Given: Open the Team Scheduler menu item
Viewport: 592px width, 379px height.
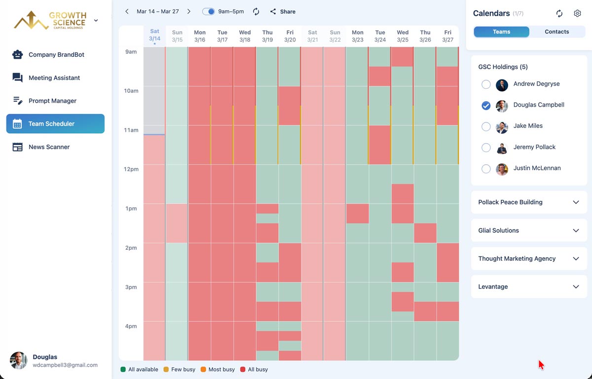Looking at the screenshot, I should (x=55, y=124).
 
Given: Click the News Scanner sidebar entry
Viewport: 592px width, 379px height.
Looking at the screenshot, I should (x=49, y=147).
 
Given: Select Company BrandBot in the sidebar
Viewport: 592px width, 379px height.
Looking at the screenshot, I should (x=56, y=55).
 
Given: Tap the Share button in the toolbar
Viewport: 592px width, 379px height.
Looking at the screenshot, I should (x=283, y=11).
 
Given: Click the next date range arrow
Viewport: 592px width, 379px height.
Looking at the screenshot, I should (x=188, y=11).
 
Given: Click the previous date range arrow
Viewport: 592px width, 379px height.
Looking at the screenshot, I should (x=127, y=11).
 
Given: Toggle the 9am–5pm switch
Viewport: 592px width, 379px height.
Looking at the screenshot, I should (x=209, y=11).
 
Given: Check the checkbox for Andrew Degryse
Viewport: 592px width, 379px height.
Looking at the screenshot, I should (x=486, y=84).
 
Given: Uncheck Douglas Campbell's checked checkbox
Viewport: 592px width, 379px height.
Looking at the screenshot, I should (x=486, y=105).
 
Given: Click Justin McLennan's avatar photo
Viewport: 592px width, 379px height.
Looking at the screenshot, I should (x=502, y=169).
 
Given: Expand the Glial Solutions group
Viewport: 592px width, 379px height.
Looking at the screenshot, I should (x=576, y=230).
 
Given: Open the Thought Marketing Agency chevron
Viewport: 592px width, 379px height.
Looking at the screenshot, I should (x=576, y=259).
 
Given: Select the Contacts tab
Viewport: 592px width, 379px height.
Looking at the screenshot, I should (x=556, y=32).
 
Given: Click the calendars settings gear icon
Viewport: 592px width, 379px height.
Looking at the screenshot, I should (x=577, y=13).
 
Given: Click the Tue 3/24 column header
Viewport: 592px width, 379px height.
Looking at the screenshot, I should (x=380, y=36).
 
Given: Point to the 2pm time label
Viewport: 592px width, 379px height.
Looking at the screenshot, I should (x=131, y=248).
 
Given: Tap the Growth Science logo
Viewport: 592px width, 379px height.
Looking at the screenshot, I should (x=49, y=20).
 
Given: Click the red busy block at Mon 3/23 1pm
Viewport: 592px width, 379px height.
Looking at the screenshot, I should (x=357, y=213).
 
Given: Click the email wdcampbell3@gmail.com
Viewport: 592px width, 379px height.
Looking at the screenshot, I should (x=65, y=365).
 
